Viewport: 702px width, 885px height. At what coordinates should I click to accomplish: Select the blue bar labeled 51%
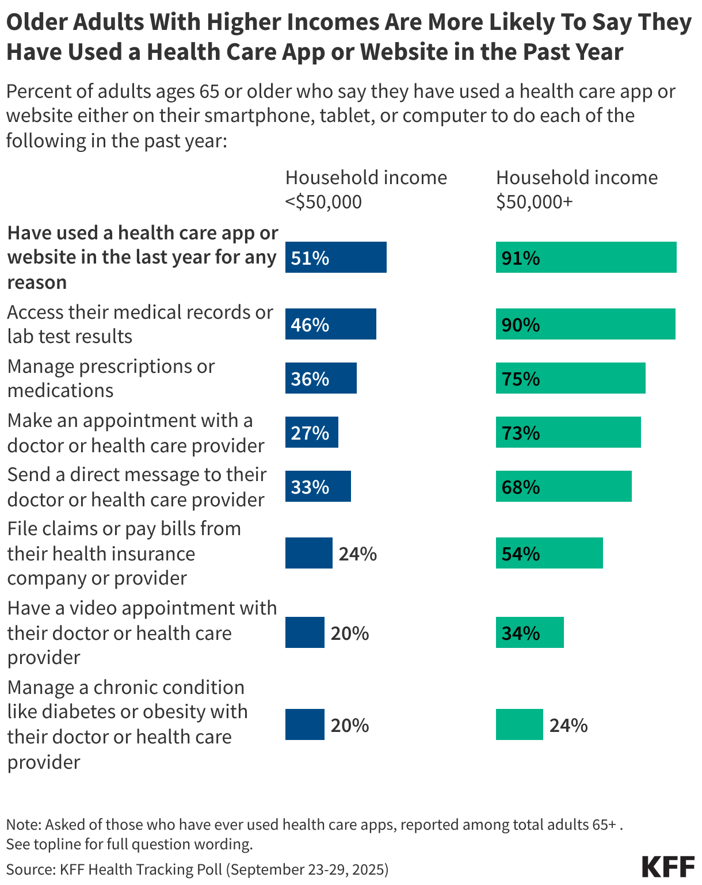pyautogui.click(x=335, y=257)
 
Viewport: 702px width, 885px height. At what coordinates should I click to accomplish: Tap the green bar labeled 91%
pyautogui.click(x=586, y=257)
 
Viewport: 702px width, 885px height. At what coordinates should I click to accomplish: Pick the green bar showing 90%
pyautogui.click(x=585, y=324)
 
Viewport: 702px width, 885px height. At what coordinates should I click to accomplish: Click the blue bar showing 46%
pyautogui.click(x=330, y=324)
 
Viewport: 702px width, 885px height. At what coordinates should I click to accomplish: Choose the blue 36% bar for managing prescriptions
pyautogui.click(x=321, y=378)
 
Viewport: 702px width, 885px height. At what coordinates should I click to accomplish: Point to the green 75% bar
pyautogui.click(x=570, y=378)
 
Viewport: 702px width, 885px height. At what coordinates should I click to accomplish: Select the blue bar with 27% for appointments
pyautogui.click(x=311, y=432)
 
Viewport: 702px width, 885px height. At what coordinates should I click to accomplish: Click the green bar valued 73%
pyautogui.click(x=568, y=432)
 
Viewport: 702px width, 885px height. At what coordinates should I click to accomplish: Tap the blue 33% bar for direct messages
pyautogui.click(x=318, y=486)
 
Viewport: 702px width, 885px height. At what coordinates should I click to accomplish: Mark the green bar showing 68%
pyautogui.click(x=563, y=486)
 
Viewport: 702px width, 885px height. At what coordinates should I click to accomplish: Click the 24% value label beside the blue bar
pyautogui.click(x=357, y=554)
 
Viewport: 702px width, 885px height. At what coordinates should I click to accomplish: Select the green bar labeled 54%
pyautogui.click(x=549, y=553)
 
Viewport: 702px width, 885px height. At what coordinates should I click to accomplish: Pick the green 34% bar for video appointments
pyautogui.click(x=529, y=632)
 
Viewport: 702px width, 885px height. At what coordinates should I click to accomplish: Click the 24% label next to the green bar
pyautogui.click(x=568, y=725)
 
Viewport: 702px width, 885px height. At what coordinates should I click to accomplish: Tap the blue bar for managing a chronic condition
pyautogui.click(x=304, y=724)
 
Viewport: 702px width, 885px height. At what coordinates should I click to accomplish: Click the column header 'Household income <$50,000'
pyautogui.click(x=365, y=189)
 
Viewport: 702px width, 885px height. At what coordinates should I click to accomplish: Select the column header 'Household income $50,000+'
pyautogui.click(x=576, y=189)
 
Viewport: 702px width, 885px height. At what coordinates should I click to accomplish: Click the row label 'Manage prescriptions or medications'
pyautogui.click(x=110, y=378)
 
